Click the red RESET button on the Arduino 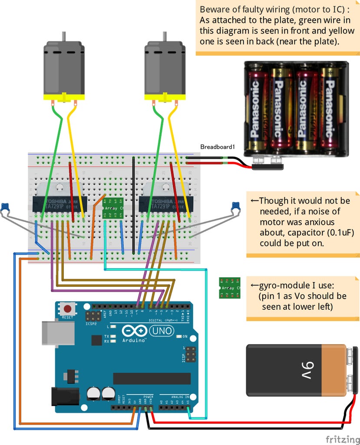[x=68, y=309]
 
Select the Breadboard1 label [x=217, y=147]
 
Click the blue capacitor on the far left [x=5, y=207]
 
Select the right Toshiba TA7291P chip [x=165, y=205]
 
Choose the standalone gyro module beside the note [x=227, y=287]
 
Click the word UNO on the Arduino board [x=162, y=332]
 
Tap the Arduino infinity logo [x=135, y=332]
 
